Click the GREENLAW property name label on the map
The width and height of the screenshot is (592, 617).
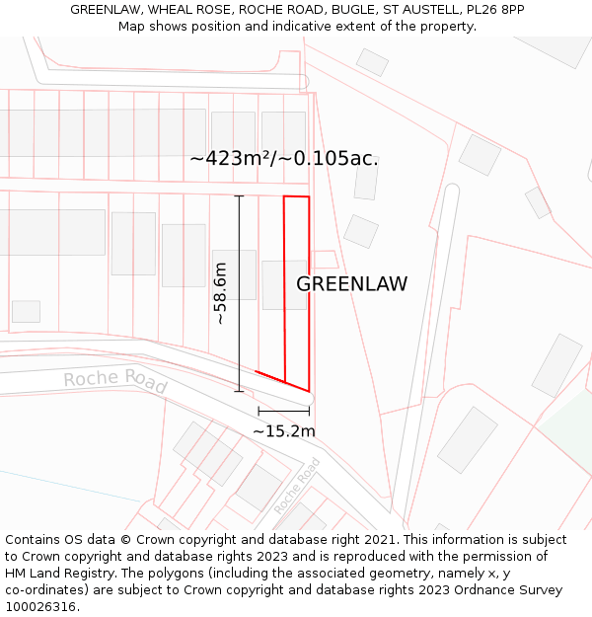coord(352,284)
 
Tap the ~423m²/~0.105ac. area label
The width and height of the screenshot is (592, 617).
coord(284,158)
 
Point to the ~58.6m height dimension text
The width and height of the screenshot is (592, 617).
coord(221,293)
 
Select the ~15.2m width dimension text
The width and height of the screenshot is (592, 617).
coord(284,431)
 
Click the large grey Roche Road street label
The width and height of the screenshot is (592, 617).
coord(115,380)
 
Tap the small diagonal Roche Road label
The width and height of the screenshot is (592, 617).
coord(297,485)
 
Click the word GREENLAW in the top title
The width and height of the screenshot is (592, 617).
coord(109,9)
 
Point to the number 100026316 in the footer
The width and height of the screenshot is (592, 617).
coord(40,607)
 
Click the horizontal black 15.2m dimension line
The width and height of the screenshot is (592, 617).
coord(283,411)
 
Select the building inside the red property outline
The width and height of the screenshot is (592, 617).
coord(285,284)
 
